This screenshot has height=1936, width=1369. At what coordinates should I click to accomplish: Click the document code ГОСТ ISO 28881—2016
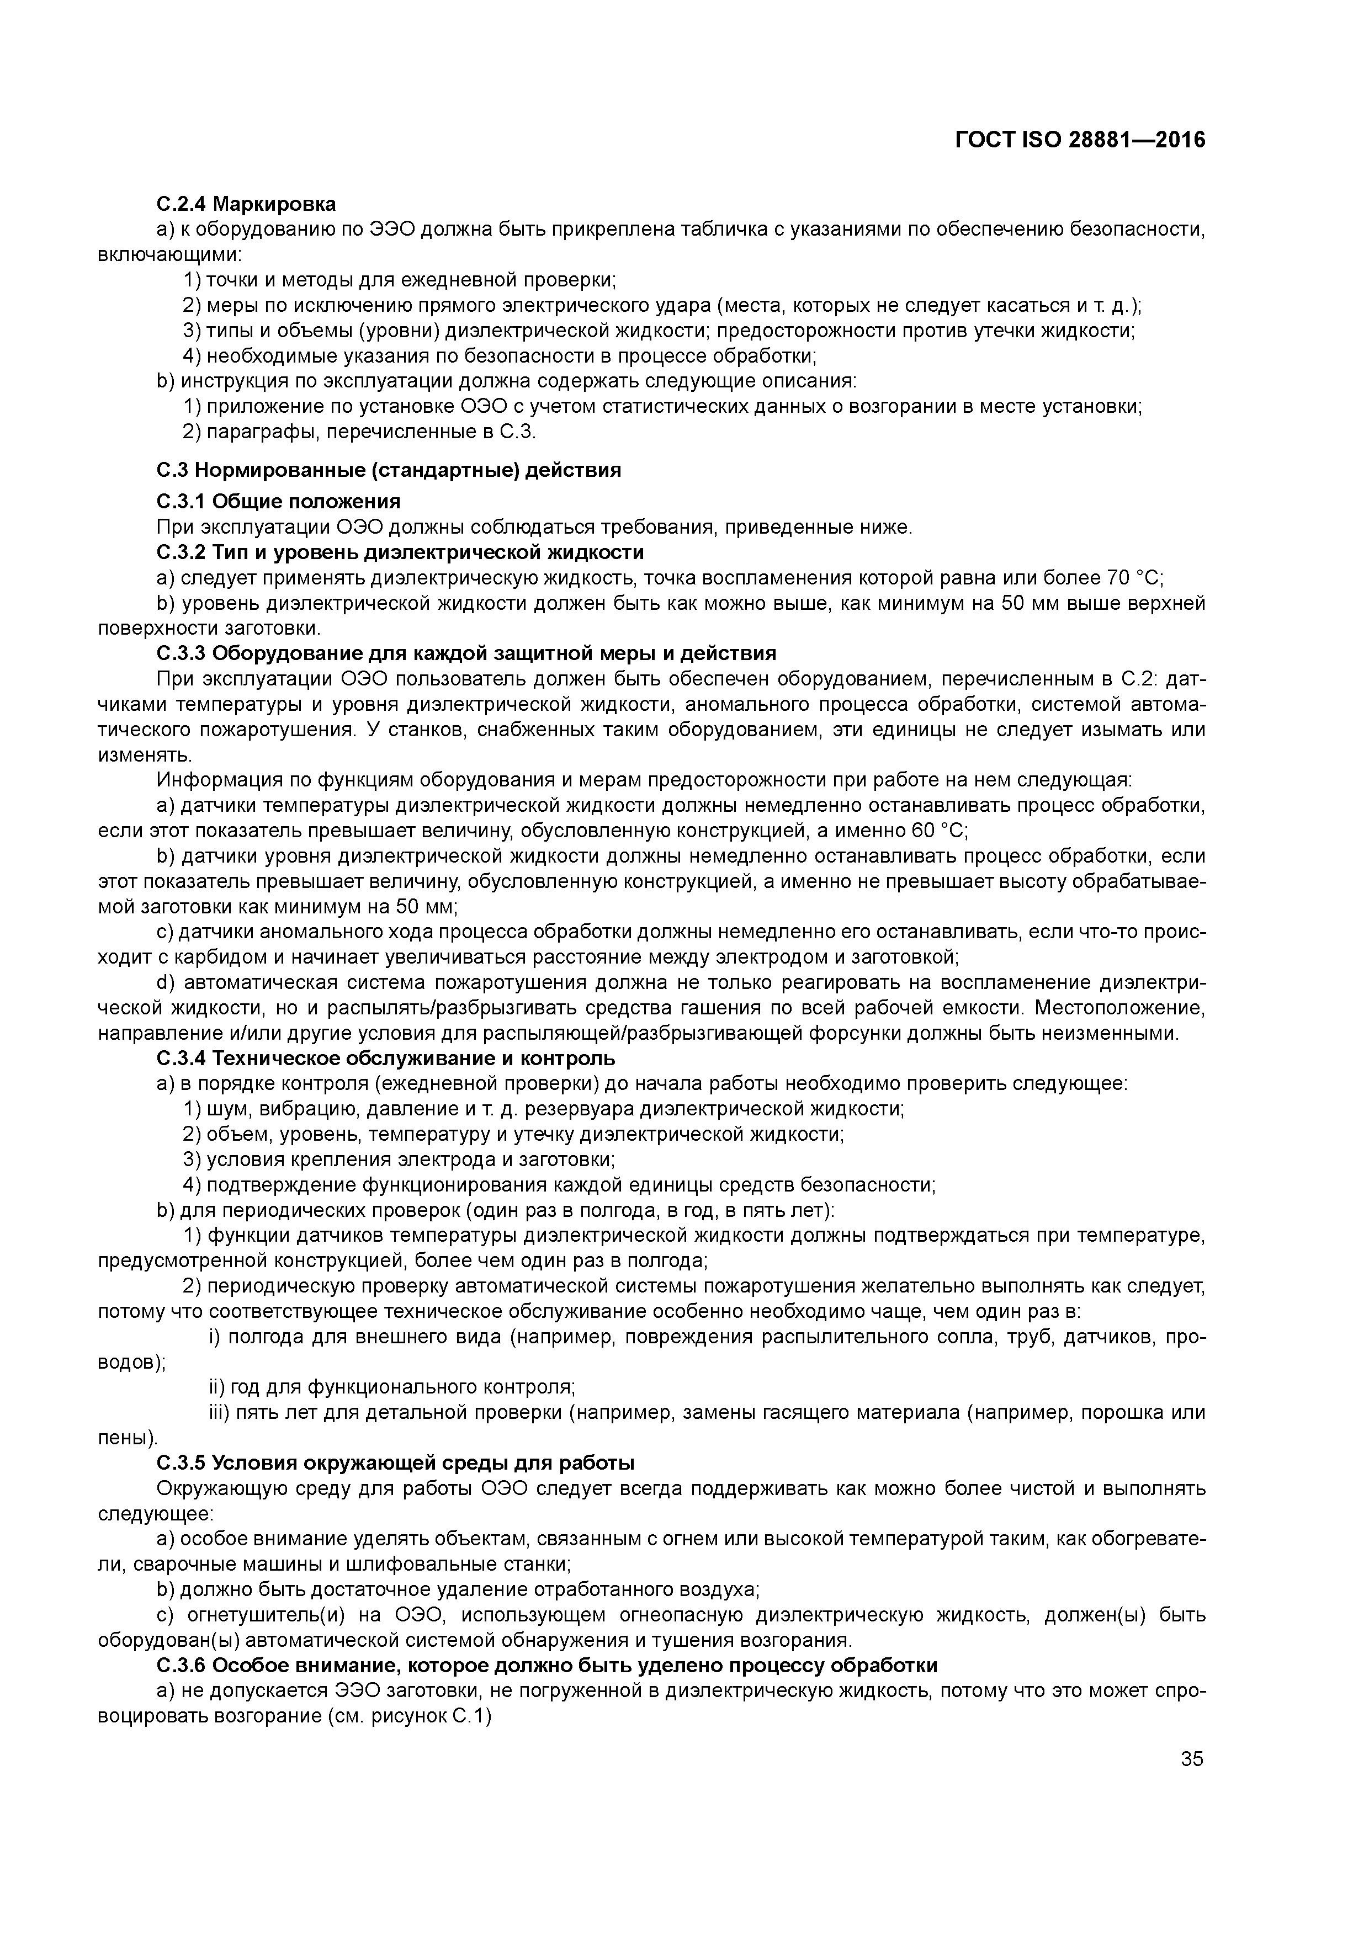[x=1080, y=140]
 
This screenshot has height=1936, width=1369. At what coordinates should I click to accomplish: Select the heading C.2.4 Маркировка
[x=246, y=204]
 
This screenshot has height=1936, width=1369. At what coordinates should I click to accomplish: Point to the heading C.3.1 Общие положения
[x=278, y=502]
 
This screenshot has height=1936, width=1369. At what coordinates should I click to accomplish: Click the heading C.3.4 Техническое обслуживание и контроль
[x=385, y=1058]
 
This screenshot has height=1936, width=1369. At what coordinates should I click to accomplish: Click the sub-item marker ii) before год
[x=217, y=1387]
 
